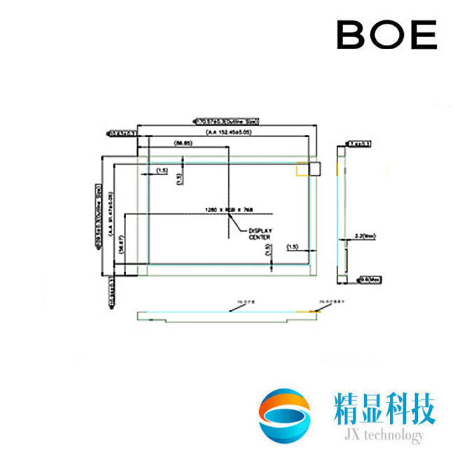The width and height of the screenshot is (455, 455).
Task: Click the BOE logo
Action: [x=387, y=34]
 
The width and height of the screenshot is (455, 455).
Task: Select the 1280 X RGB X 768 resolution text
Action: [x=228, y=209]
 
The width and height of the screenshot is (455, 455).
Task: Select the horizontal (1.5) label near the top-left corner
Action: [x=162, y=170]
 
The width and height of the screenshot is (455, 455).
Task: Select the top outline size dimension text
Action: [x=225, y=121]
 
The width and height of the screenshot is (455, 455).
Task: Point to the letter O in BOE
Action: [x=387, y=34]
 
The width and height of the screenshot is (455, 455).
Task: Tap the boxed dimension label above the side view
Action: [x=360, y=144]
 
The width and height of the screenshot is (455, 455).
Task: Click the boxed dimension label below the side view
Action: [x=365, y=279]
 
